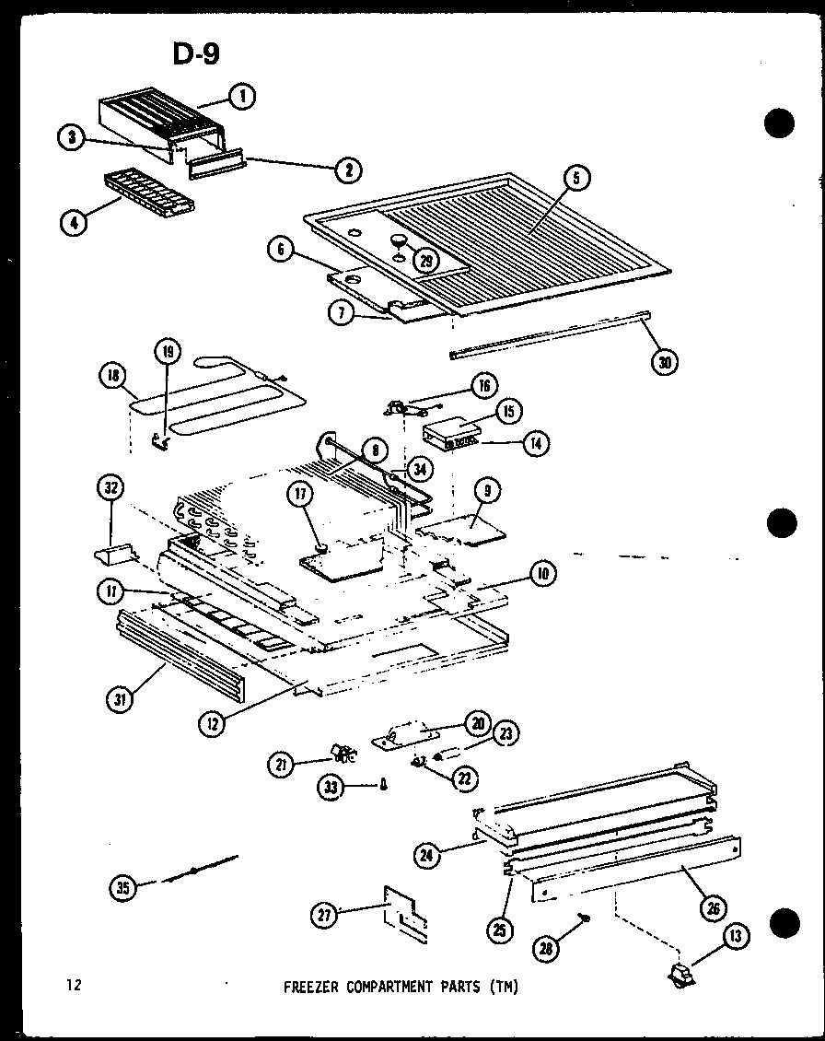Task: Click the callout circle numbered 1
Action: coord(242,96)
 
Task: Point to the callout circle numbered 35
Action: coord(123,888)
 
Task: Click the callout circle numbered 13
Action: coord(737,938)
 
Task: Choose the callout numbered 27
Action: coord(322,914)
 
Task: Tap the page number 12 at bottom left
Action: coord(74,986)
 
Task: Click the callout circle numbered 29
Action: coord(424,261)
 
